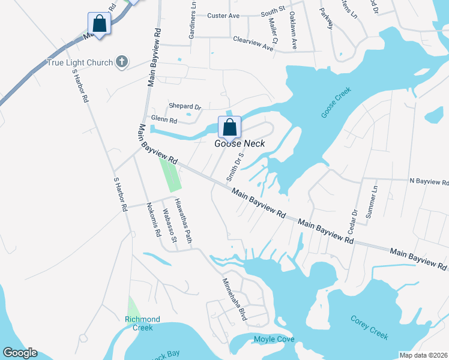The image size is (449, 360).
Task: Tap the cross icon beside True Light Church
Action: point(121,61)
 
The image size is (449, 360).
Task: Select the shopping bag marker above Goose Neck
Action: point(229,127)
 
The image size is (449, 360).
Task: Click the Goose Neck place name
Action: point(240,143)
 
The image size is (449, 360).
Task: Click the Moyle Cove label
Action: point(274,339)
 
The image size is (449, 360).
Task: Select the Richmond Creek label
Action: point(142,323)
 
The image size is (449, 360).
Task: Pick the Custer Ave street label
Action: point(224,15)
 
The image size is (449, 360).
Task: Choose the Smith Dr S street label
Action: point(232,166)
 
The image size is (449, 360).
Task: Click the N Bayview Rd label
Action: point(429,181)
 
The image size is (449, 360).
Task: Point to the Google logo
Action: point(20,353)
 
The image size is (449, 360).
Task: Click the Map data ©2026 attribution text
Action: point(423,355)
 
